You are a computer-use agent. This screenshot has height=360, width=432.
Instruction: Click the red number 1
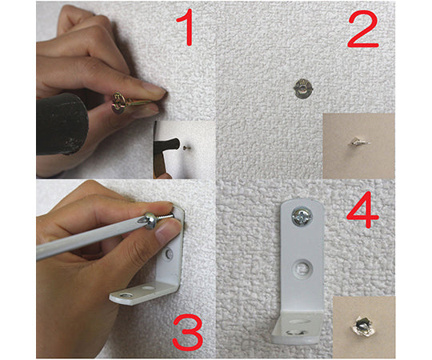click(190, 30)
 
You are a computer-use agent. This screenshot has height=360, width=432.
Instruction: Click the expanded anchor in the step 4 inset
click(363, 326)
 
